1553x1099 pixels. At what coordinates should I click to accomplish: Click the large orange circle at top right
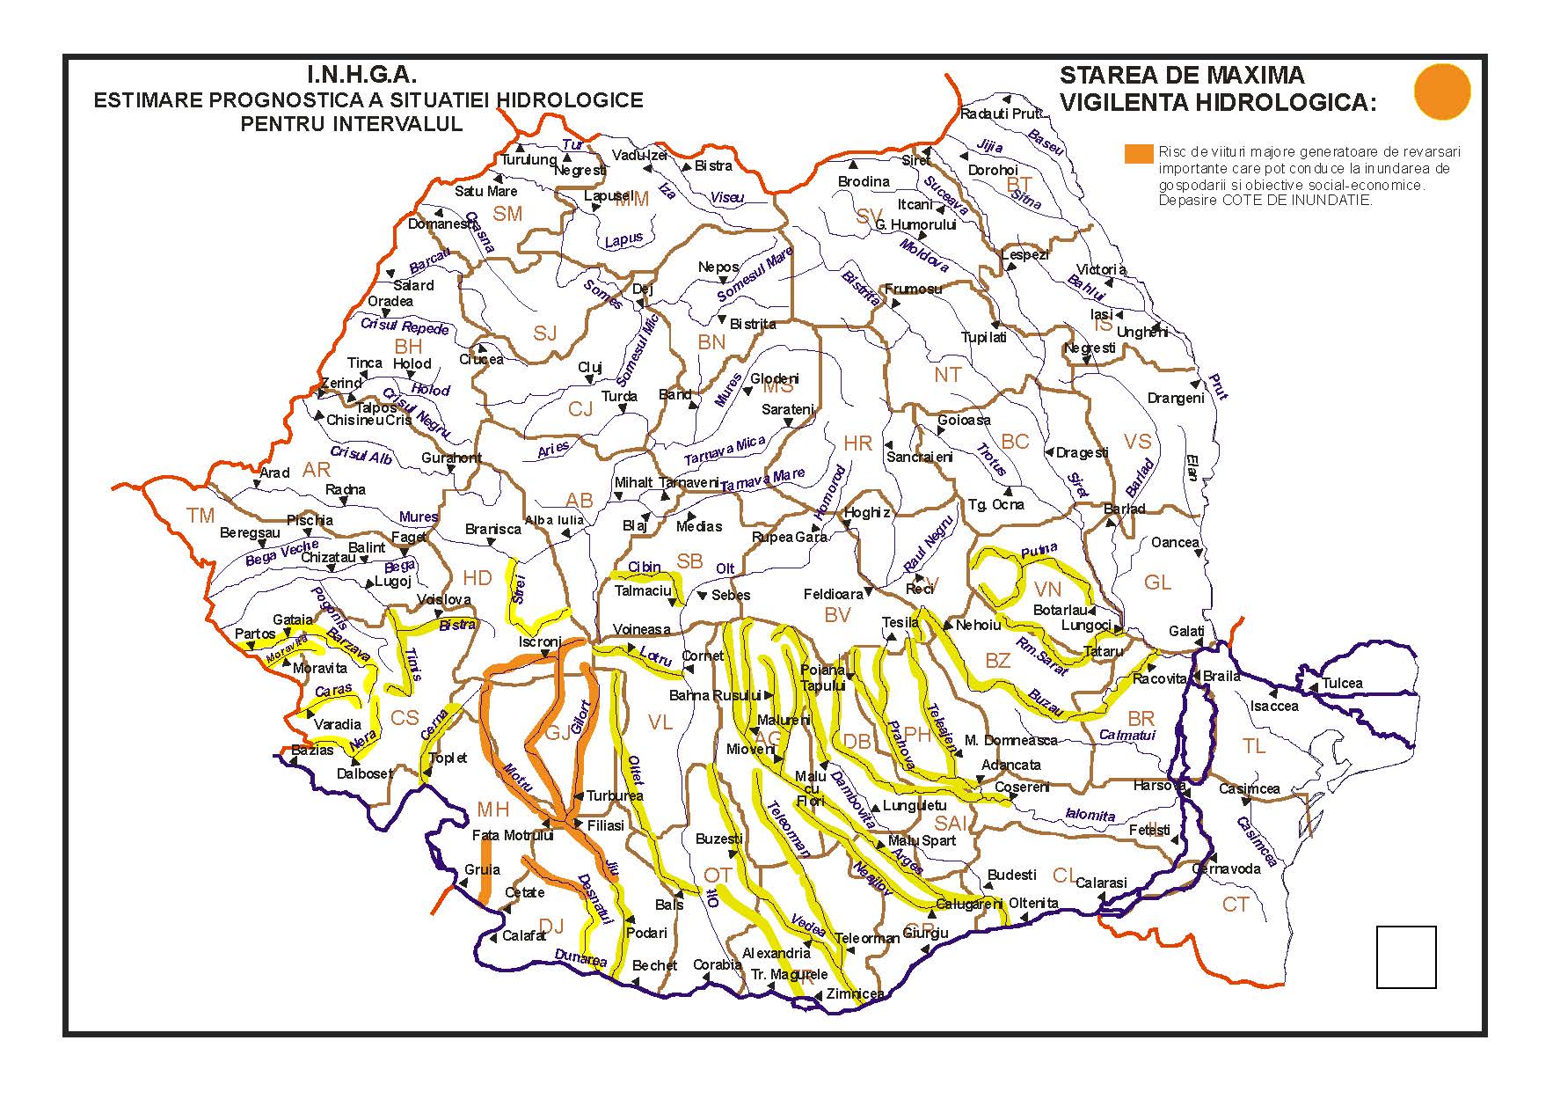coord(1442,92)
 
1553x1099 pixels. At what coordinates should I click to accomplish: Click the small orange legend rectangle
coord(1138,153)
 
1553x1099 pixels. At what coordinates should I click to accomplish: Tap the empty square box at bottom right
coord(1405,956)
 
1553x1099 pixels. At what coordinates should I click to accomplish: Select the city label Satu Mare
coord(485,191)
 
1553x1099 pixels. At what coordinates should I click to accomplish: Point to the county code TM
coord(201,516)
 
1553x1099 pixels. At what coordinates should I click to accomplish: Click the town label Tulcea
coord(1342,683)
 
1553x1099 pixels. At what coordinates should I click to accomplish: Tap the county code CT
coord(1236,905)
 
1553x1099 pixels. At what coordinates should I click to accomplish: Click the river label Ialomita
coord(1090,815)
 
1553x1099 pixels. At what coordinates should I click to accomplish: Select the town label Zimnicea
coord(855,993)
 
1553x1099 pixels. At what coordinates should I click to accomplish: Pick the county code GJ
coord(558,734)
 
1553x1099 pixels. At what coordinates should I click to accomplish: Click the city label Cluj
coord(589,367)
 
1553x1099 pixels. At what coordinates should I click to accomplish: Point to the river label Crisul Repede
coord(405,326)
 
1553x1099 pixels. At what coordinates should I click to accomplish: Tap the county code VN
coord(1047,589)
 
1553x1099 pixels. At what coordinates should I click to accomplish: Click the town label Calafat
coord(524,935)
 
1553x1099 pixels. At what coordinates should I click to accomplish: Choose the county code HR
coord(857,443)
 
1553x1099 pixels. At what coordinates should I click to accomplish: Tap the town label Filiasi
coord(605,825)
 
